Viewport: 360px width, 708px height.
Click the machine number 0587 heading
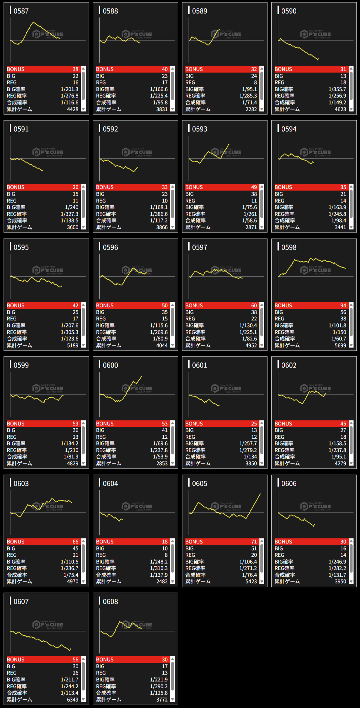[21, 11]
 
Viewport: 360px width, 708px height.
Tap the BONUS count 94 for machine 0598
[343, 306]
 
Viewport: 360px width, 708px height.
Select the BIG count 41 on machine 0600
[165, 430]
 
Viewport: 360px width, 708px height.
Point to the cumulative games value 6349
[72, 700]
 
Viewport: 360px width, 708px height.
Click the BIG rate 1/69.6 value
[160, 444]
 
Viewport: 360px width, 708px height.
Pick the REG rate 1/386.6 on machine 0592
[158, 214]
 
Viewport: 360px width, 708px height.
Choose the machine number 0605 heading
[200, 484]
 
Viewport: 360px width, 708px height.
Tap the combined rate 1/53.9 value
[160, 457]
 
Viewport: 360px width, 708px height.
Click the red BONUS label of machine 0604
[105, 542]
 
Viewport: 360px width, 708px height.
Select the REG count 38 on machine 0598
[343, 319]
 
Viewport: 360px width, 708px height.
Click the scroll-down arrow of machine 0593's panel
[262, 227]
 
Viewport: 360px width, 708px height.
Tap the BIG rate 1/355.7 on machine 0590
[337, 89]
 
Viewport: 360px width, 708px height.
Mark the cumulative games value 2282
[251, 109]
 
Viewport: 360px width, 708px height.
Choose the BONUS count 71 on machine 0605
[254, 542]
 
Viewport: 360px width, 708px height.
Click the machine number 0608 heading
[110, 602]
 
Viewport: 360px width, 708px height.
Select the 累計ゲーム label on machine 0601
[198, 464]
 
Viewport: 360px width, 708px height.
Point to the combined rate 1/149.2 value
[337, 102]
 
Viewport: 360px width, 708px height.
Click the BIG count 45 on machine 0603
[75, 549]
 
